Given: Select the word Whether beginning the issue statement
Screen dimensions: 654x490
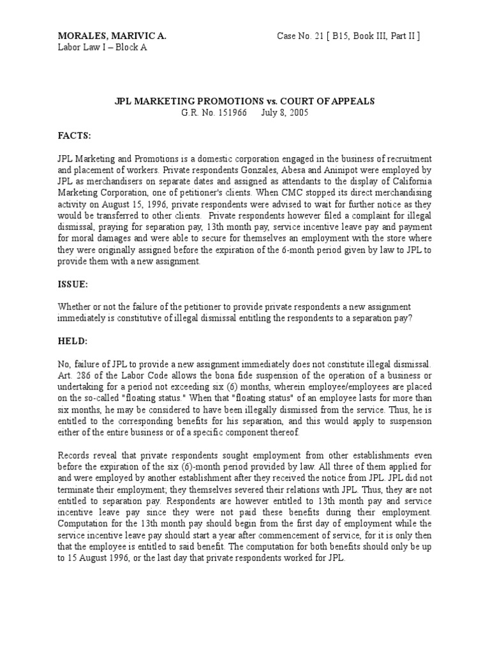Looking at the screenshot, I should click(75, 308).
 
